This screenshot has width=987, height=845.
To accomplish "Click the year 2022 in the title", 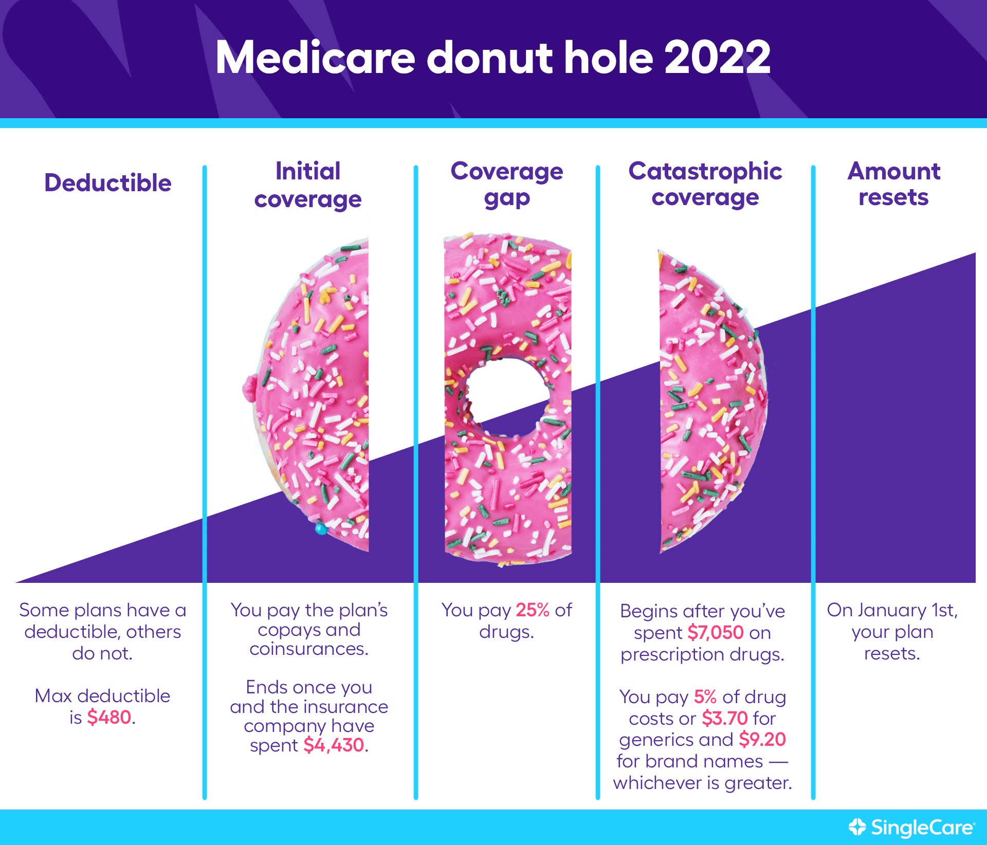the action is pos(718,58).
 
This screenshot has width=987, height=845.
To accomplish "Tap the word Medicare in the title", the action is pos(315,58).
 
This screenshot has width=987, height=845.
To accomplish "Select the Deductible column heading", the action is pos(108,183).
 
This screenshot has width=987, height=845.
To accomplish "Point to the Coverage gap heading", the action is pos(507,185).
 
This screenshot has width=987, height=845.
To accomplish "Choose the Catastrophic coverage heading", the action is pos(705,185).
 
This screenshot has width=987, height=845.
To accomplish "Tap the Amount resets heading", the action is pos(894,184).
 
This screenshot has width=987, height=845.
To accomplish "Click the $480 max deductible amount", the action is pos(109,717).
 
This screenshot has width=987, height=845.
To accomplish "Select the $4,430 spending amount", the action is pos(334,745).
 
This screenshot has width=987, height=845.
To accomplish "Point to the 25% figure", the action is pos(533,610).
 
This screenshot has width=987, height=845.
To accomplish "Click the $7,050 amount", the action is pos(716,633).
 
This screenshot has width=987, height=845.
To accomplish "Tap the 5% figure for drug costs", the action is pos(705,697).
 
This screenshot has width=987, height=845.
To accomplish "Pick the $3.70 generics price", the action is pos(725,718).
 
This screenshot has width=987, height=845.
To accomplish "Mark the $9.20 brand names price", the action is pos(763,740).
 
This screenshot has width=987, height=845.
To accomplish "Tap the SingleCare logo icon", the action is pos(857,827).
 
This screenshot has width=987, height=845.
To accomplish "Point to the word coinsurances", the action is pos(309,649).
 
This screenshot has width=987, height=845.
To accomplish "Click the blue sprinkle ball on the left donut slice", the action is pos(321,528).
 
